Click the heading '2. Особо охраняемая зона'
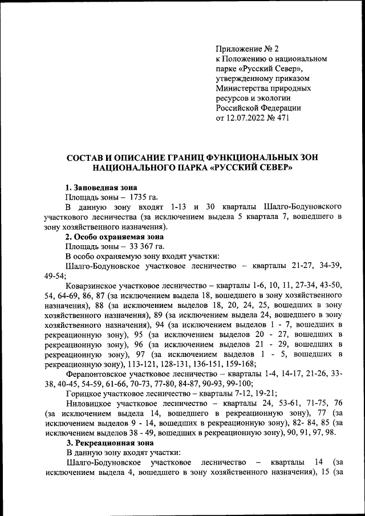(x=114, y=236)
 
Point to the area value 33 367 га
(x=147, y=246)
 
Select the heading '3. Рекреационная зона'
(x=109, y=442)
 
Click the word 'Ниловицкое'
(x=90, y=403)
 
